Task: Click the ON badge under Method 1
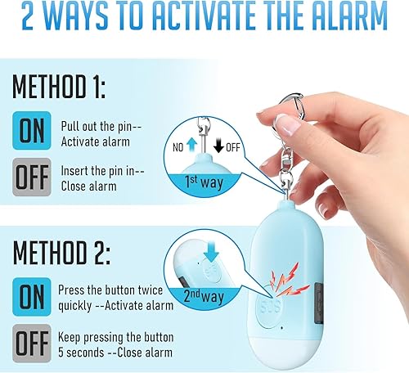[x=32, y=132]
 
